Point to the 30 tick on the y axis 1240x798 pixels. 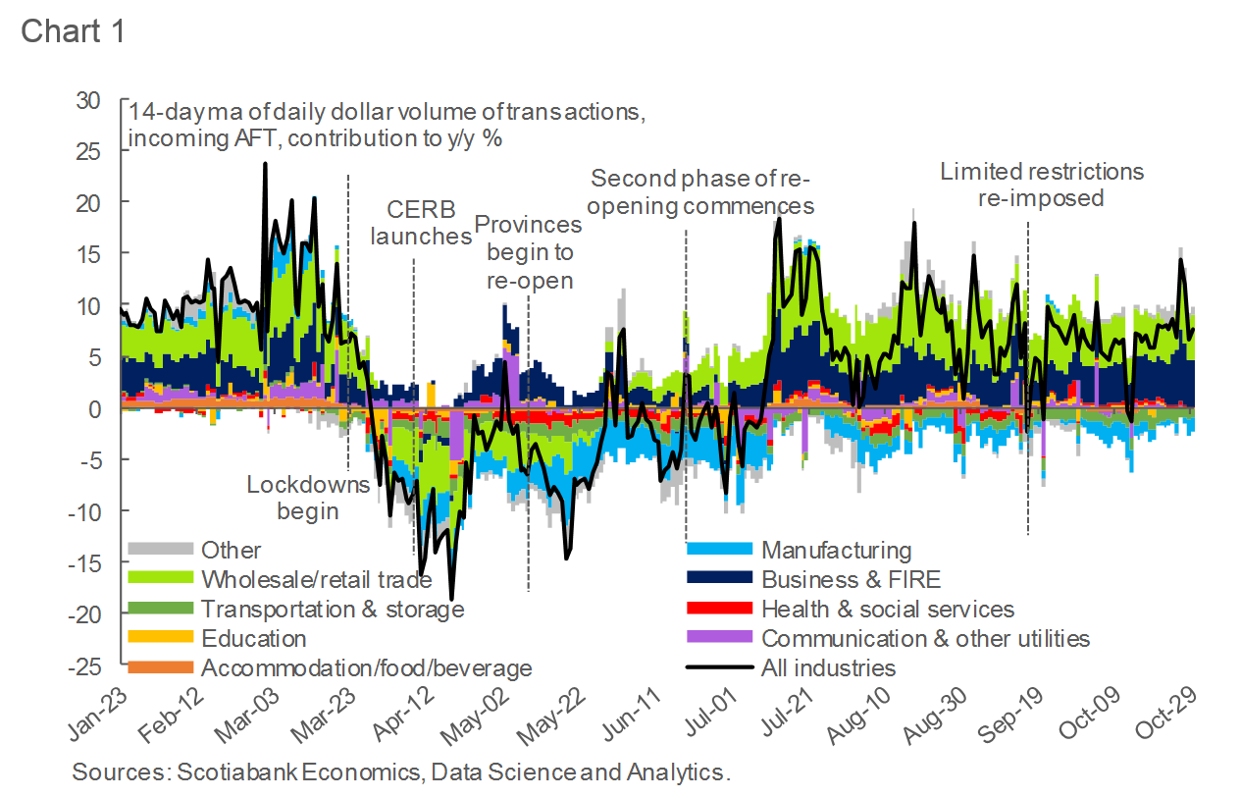[x=89, y=100]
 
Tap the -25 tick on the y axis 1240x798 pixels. [x=85, y=665]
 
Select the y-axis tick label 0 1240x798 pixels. [x=95, y=408]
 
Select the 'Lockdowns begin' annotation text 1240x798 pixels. [x=308, y=498]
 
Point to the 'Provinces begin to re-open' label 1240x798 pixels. [x=528, y=252]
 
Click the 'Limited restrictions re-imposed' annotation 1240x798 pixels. [x=1042, y=185]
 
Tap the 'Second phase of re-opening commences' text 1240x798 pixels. [x=701, y=192]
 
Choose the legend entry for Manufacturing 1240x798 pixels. [x=836, y=551]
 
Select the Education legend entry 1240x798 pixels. [x=254, y=639]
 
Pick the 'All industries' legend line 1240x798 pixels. [x=828, y=668]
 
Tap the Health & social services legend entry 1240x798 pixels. [x=887, y=610]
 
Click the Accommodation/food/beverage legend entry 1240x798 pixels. [x=366, y=668]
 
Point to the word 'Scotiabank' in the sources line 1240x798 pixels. [x=234, y=771]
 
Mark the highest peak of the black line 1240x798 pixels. [x=265, y=164]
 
